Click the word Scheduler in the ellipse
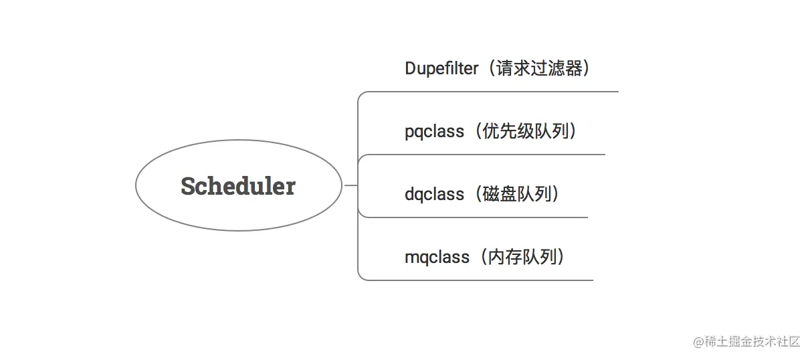[x=238, y=186]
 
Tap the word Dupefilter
[x=441, y=68]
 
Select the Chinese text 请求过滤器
[x=539, y=68]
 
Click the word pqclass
[x=434, y=132]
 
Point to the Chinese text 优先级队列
[x=526, y=131]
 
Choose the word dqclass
[x=434, y=195]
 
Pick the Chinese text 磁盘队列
[x=517, y=194]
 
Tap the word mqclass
[x=437, y=258]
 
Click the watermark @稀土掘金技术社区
[x=746, y=341]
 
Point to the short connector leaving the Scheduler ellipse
[x=350, y=185]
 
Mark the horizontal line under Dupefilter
[x=488, y=92]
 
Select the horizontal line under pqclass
[x=482, y=155]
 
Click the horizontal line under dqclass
[x=473, y=217]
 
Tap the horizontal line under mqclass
[x=476, y=280]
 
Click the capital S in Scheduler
[x=189, y=186]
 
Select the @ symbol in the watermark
[x=698, y=342]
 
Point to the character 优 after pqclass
[x=491, y=131]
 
